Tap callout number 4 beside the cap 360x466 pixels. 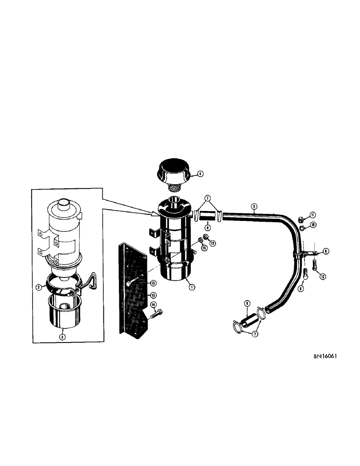(200, 174)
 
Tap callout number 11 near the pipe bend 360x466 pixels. (313, 214)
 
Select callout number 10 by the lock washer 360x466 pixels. (313, 225)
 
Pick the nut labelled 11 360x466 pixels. (302, 217)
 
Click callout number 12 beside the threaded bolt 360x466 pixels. (322, 276)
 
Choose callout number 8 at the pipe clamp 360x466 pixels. (326, 251)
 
